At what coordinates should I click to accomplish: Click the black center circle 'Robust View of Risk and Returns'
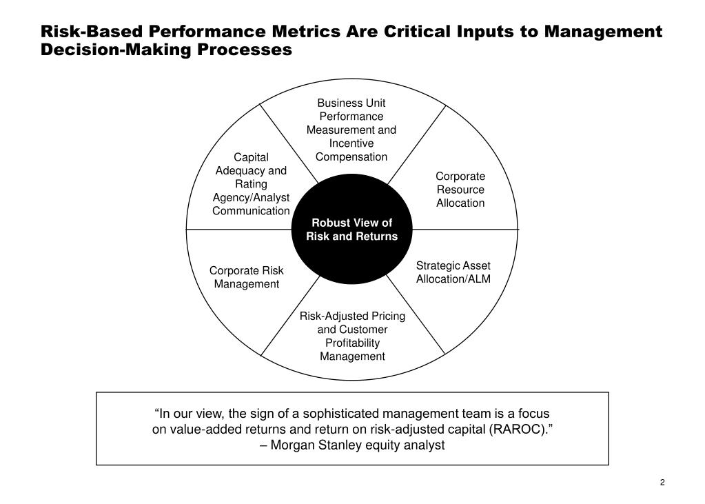click(351, 229)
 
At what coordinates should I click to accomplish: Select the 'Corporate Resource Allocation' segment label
click(460, 190)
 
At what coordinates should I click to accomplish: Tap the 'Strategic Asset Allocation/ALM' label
click(453, 272)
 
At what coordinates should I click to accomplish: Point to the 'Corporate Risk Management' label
click(246, 277)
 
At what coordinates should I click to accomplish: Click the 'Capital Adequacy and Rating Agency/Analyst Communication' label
click(251, 184)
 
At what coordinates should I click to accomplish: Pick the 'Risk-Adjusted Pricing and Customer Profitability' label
click(352, 336)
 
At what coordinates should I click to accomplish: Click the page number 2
click(662, 482)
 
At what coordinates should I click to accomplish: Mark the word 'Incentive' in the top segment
click(351, 143)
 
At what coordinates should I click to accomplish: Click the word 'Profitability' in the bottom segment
click(352, 343)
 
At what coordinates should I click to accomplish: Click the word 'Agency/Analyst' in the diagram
click(251, 197)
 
